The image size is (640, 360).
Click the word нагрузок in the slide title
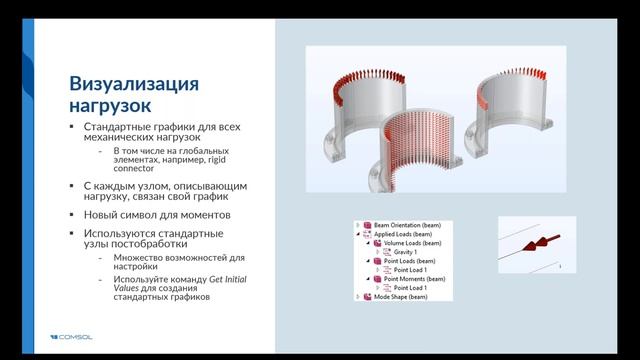pyautogui.click(x=109, y=103)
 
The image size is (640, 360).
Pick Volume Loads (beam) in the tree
pyautogui.click(x=412, y=243)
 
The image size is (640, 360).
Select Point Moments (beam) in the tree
pyautogui.click(x=413, y=279)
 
